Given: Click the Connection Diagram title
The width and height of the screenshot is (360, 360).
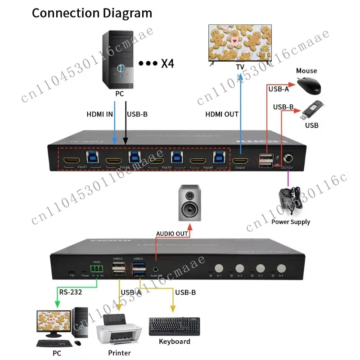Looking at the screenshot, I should (92, 13).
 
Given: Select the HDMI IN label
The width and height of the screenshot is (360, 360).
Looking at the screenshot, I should (99, 114).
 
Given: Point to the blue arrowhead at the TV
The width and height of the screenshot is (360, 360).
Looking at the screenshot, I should (241, 76).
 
